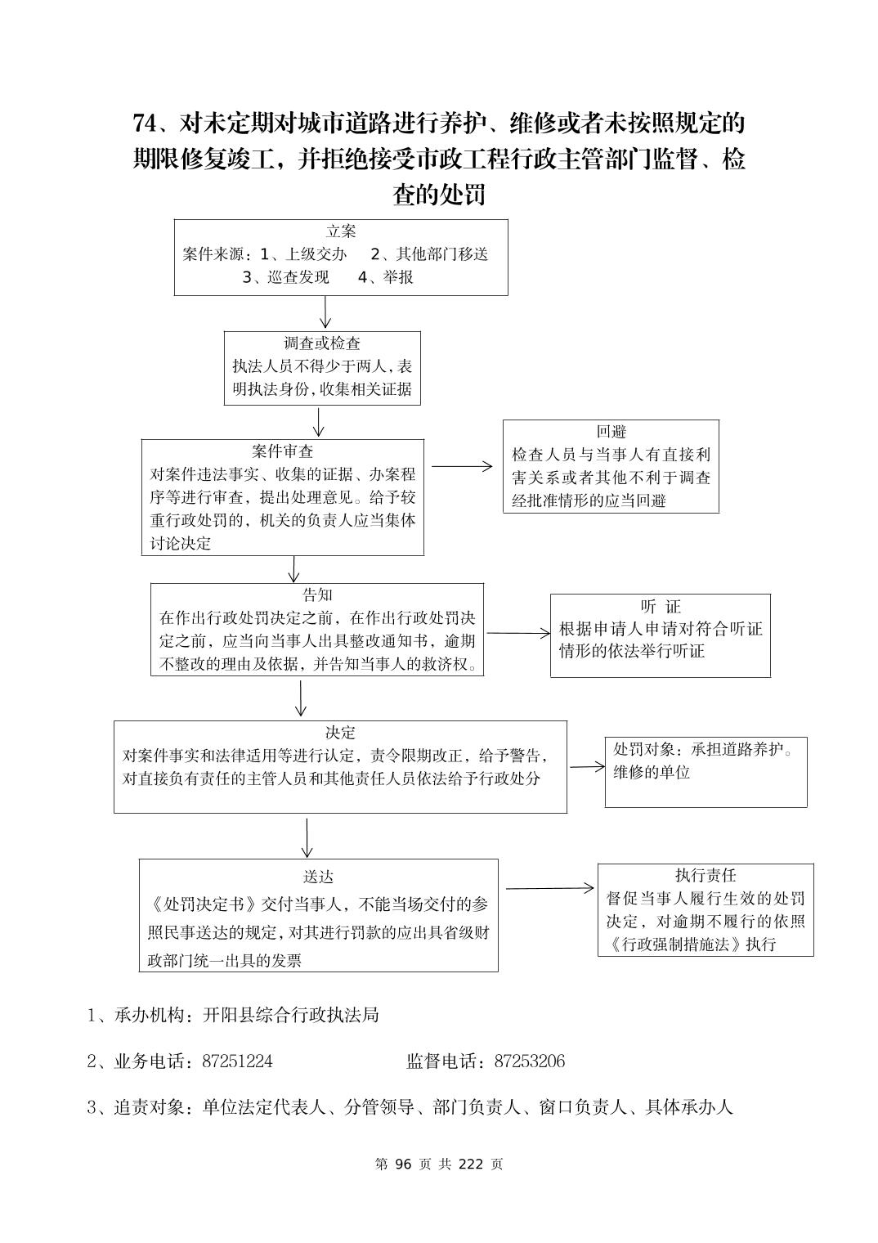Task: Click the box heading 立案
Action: tap(341, 231)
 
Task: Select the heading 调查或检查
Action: tap(322, 343)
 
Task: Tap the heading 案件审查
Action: tap(283, 451)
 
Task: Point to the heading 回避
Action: tap(611, 432)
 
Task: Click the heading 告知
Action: tap(317, 595)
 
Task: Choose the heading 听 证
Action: tap(660, 607)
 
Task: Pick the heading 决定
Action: tap(340, 733)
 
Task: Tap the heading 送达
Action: tap(318, 877)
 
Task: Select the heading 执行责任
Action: tap(706, 875)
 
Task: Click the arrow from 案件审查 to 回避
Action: tap(463, 467)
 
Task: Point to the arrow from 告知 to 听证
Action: tap(518, 633)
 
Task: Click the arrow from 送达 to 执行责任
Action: tap(549, 888)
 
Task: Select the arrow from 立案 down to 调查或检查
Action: tap(325, 312)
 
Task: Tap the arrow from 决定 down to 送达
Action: tap(307, 837)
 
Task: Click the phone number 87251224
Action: tap(237, 1061)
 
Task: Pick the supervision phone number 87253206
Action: tap(530, 1061)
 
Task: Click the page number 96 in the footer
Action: tap(402, 1164)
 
